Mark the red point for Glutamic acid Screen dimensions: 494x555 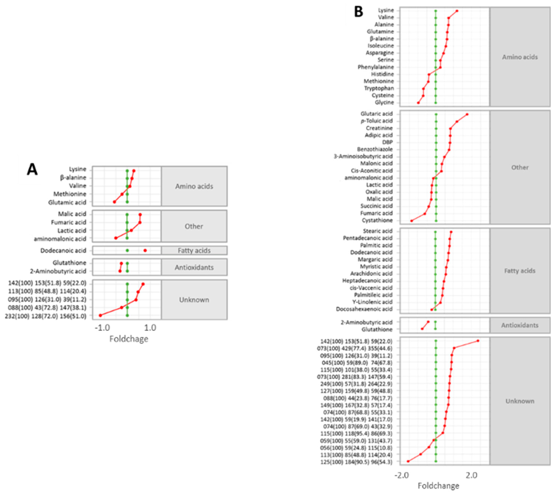[x=114, y=202]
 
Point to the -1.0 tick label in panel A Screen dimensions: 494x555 [x=102, y=328]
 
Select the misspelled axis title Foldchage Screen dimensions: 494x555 [x=129, y=339]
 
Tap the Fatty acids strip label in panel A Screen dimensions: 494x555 [x=194, y=251]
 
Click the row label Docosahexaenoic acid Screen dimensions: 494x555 [x=364, y=309]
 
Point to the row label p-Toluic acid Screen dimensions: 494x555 [x=377, y=121]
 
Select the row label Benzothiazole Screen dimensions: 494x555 [x=375, y=149]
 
